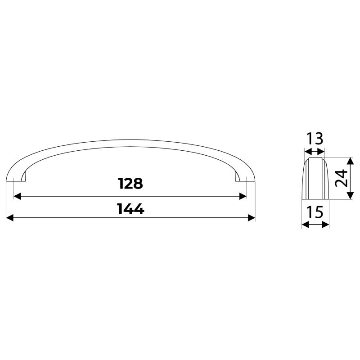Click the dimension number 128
[x=130, y=184]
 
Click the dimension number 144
[x=130, y=209]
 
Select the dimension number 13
[x=315, y=139]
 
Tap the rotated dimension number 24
[x=341, y=178]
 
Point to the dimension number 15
[x=315, y=212]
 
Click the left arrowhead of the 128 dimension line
[x=17, y=196]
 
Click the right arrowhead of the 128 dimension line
[x=243, y=196]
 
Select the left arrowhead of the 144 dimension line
[x=9, y=218]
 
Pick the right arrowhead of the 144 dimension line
[x=252, y=218]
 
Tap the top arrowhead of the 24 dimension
[x=350, y=161]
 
